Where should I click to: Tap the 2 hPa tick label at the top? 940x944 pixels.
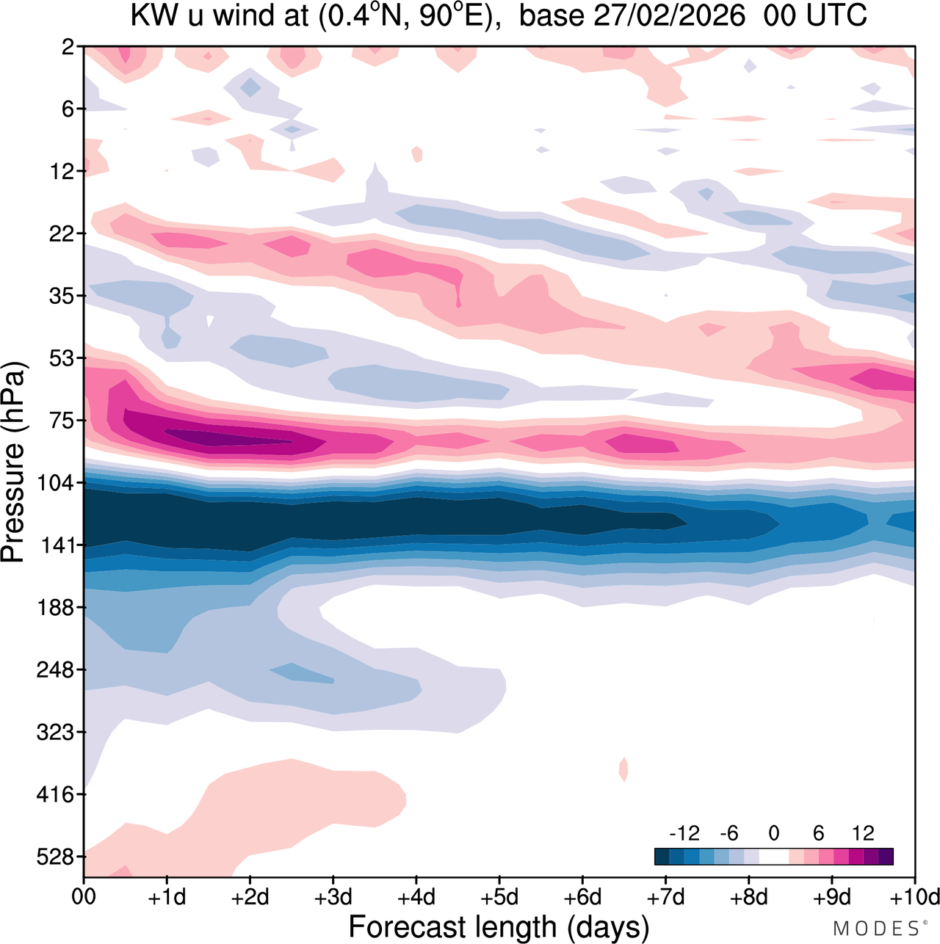point(68,47)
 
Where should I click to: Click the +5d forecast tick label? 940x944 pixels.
point(499,897)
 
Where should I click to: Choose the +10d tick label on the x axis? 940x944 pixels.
point(915,897)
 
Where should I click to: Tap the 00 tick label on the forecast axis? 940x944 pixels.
point(84,897)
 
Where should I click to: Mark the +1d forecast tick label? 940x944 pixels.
point(167,897)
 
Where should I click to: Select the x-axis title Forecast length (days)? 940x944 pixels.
point(499,926)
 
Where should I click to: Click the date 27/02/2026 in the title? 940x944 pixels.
point(669,15)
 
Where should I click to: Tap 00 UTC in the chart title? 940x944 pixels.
point(815,15)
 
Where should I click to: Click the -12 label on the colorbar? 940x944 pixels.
point(684,833)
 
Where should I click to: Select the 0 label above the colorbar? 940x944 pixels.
point(774,833)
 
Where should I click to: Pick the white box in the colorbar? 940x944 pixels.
point(774,857)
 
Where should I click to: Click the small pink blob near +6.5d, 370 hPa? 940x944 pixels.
point(623,769)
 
